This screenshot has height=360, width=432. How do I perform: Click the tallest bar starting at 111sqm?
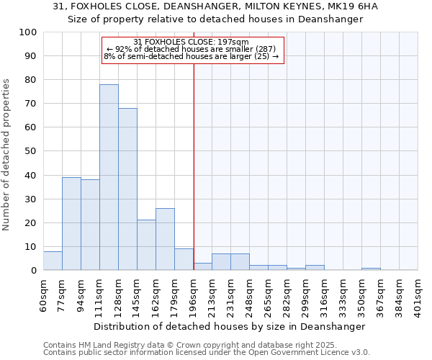pyautogui.click(x=109, y=177)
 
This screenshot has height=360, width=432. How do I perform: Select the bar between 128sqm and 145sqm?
pyautogui.click(x=127, y=189)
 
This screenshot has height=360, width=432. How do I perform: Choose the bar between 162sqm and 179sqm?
pyautogui.click(x=165, y=239)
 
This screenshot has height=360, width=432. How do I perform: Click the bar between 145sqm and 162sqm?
pyautogui.click(x=146, y=245)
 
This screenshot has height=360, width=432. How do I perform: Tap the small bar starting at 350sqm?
pyautogui.click(x=371, y=269)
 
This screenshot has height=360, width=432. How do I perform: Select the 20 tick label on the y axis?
pyautogui.click(x=31, y=222)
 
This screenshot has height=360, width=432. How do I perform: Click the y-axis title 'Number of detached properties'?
pyautogui.click(x=7, y=155)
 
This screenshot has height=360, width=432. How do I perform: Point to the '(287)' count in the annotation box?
pyautogui.click(x=263, y=49)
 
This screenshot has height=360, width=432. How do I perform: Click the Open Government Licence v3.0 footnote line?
pyautogui.click(x=206, y=353)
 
